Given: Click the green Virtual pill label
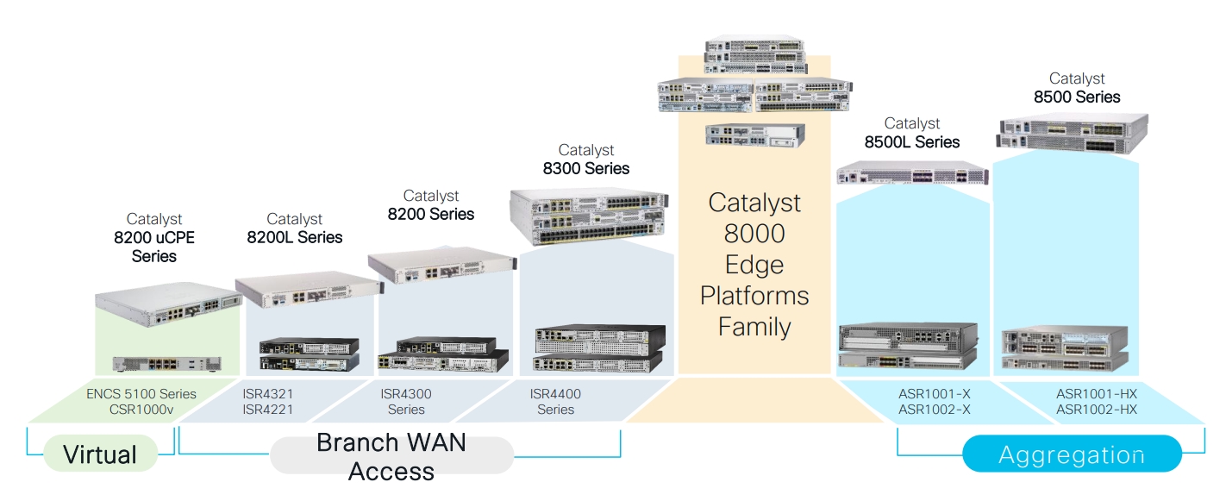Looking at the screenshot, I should pyautogui.click(x=100, y=454).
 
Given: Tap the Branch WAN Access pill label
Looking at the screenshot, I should pyautogui.click(x=391, y=456).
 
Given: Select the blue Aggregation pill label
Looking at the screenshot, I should pyautogui.click(x=1071, y=454).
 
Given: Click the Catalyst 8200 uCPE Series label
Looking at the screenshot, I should pyautogui.click(x=154, y=238).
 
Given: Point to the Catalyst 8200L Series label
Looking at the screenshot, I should pyautogui.click(x=294, y=229).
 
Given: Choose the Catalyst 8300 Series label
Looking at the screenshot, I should pyautogui.click(x=586, y=160).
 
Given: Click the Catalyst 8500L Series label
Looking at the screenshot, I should pyautogui.click(x=912, y=133).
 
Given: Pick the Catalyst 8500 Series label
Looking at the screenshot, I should pyautogui.click(x=1077, y=88).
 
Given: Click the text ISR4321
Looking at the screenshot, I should pyautogui.click(x=268, y=394).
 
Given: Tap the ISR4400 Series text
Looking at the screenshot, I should pyautogui.click(x=555, y=402).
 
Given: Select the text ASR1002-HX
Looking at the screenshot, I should pyautogui.click(x=1097, y=410).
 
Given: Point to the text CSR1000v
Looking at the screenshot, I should pyautogui.click(x=141, y=410).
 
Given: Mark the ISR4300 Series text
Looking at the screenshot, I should pyautogui.click(x=406, y=402).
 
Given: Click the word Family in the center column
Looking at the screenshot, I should pyautogui.click(x=754, y=327).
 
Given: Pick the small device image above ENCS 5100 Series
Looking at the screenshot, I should pyautogui.click(x=166, y=364).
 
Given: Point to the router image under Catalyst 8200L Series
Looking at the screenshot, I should pyautogui.click(x=307, y=289).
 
